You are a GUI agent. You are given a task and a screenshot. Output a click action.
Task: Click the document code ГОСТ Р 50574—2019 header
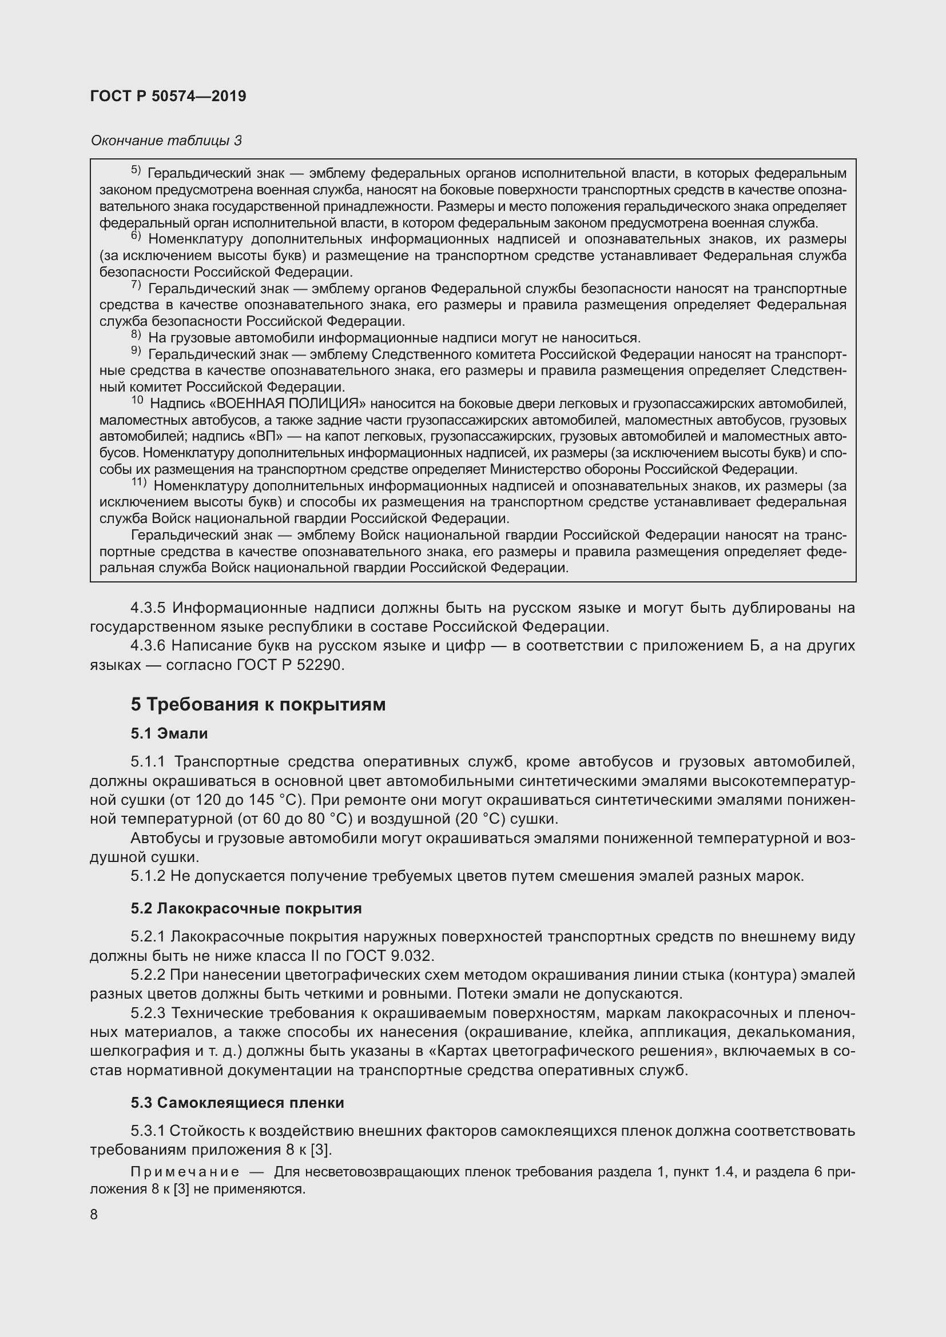(168, 96)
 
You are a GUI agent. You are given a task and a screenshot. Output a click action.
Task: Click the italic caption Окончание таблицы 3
(166, 141)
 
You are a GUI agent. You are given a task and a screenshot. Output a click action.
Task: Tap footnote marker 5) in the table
(136, 170)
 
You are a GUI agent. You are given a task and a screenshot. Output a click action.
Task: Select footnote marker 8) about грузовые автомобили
(136, 335)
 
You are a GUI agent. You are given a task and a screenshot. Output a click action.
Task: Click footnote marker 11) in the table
(138, 483)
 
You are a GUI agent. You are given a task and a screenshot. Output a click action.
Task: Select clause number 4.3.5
(149, 608)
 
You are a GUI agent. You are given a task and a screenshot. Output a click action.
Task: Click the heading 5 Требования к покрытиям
(258, 705)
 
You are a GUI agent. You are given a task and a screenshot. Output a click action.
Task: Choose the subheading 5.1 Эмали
(169, 734)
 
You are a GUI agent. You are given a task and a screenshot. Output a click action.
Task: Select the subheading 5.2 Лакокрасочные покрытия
(246, 909)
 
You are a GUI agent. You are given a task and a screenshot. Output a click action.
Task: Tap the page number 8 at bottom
(94, 1215)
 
